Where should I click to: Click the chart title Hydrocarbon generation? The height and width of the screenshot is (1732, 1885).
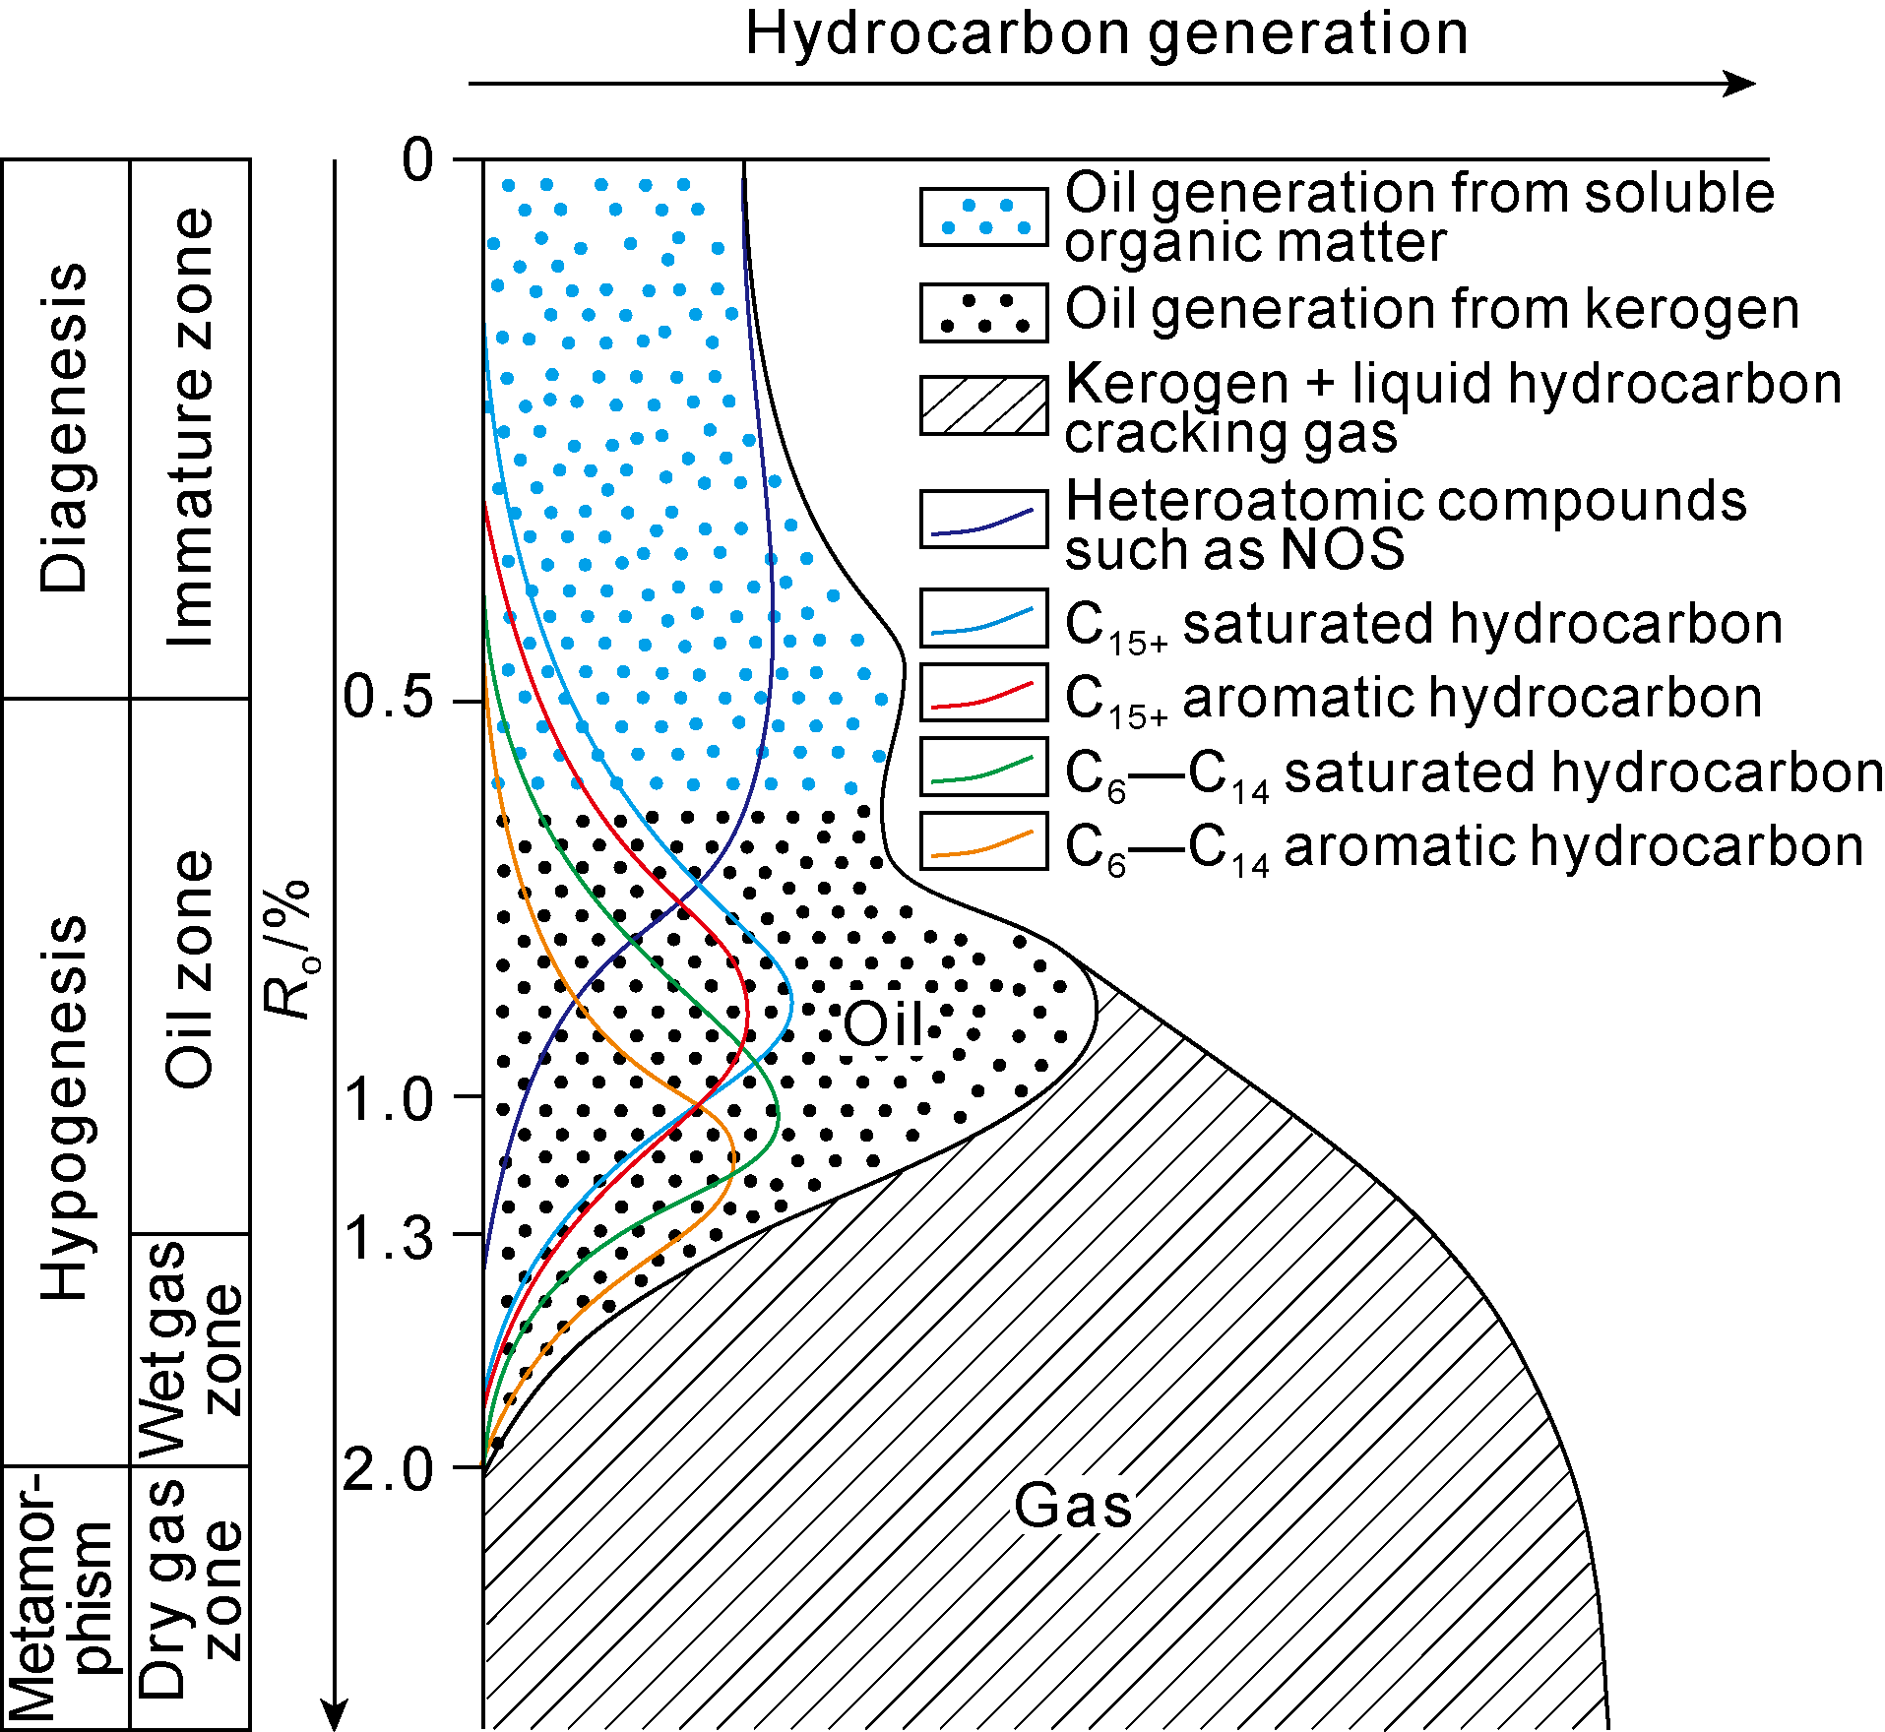coord(1106,33)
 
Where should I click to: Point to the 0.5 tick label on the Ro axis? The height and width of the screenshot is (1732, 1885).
coord(388,698)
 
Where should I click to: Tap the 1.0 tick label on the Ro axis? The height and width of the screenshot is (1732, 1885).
coord(390,1099)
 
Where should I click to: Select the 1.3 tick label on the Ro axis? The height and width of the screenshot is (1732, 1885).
coord(390,1237)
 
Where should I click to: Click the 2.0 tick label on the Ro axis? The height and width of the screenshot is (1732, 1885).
coord(388,1470)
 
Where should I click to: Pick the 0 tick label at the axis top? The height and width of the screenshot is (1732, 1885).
coord(417,159)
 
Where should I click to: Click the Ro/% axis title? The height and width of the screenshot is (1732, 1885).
coord(287,949)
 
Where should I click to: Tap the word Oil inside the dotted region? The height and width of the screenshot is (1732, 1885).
coord(883,1024)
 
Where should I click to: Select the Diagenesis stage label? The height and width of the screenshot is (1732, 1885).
coord(65,427)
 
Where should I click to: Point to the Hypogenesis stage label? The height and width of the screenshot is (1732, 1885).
coord(65,1107)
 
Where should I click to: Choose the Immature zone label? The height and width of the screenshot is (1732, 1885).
coord(190,427)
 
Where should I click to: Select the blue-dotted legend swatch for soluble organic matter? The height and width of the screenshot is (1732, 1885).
coord(983,216)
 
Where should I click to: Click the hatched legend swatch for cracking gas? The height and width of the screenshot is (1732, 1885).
coord(983,405)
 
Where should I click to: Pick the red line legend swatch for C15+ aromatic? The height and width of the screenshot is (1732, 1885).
coord(983,693)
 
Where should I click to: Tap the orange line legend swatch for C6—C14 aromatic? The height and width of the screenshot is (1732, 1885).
coord(983,841)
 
